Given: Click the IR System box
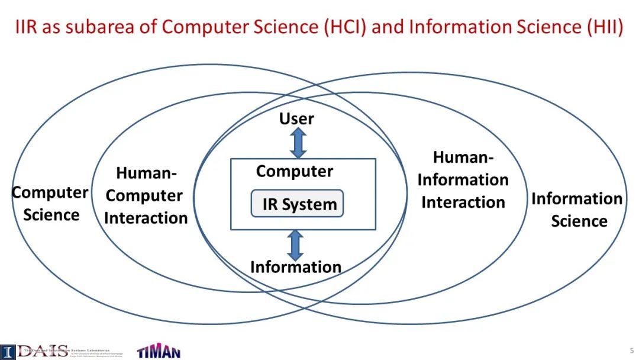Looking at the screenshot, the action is pyautogui.click(x=298, y=204).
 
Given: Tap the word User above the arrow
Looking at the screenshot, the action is pyautogui.click(x=296, y=118).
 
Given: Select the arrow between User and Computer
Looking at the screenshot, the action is pyautogui.click(x=298, y=143).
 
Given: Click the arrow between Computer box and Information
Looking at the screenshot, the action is pyautogui.click(x=295, y=245).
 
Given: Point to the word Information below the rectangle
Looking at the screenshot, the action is pyautogui.click(x=296, y=267).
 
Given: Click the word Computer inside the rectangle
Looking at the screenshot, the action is pyautogui.click(x=295, y=172).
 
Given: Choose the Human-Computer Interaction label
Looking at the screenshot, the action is pyautogui.click(x=146, y=195).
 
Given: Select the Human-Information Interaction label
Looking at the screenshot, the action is pyautogui.click(x=463, y=180).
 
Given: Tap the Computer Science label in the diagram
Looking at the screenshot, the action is pyautogui.click(x=51, y=204).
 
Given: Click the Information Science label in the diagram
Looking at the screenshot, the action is pyautogui.click(x=577, y=210).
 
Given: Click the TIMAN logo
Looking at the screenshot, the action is pyautogui.click(x=159, y=351).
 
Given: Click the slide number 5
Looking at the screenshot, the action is pyautogui.click(x=631, y=351).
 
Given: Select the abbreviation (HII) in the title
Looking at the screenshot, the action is pyautogui.click(x=605, y=27).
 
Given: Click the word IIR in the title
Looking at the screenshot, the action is pyautogui.click(x=28, y=27).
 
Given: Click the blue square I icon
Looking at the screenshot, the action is pyautogui.click(x=7, y=351).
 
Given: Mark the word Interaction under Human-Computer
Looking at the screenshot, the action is pyautogui.click(x=146, y=218).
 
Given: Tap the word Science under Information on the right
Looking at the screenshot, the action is pyautogui.click(x=579, y=221).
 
